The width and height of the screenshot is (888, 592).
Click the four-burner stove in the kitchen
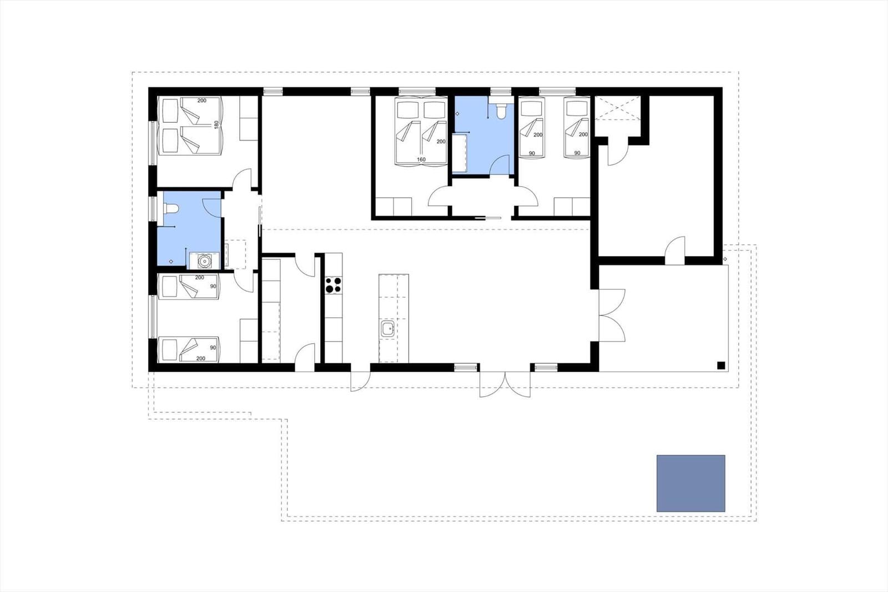point(334,285)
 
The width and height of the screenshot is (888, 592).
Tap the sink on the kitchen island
point(387,329)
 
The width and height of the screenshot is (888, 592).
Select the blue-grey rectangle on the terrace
point(690,483)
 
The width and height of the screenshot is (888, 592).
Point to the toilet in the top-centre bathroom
point(501,111)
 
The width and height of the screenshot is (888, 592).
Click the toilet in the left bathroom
point(171,208)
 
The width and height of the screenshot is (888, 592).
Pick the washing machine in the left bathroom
point(204,260)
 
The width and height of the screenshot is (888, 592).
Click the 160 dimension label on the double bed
point(421,159)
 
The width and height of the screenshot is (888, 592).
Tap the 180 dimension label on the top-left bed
point(216,124)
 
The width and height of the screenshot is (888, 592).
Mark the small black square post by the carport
point(721,365)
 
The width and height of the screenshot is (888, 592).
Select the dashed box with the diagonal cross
point(618,108)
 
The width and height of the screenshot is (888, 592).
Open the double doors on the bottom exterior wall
point(504,384)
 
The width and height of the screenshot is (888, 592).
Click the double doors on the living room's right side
point(612,315)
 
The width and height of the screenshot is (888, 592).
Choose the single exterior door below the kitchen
point(360,381)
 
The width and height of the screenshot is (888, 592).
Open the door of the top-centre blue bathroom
point(500,165)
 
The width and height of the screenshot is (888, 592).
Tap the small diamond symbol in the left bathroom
point(171,262)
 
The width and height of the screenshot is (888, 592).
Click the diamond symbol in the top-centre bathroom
point(457,113)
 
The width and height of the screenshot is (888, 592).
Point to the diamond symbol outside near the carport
point(725,259)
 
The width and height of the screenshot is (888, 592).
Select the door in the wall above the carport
point(675,250)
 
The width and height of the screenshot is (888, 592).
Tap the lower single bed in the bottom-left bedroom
point(188,349)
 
